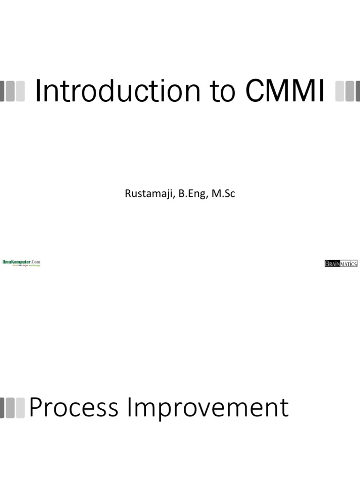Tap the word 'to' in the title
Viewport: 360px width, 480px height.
coord(223,91)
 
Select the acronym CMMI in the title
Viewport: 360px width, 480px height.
coord(285,91)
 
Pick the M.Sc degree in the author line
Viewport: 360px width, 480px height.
coord(223,193)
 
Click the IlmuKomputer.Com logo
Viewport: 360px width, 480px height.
coord(22,263)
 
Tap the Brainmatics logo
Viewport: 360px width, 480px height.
coord(341,263)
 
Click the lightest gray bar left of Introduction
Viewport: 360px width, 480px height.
coord(20,91)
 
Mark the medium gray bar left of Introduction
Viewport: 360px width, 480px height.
coord(11,91)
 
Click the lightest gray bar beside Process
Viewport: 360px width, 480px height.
coord(20,407)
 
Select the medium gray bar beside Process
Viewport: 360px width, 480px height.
coord(11,407)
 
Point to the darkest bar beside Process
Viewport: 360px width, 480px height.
coord(2,407)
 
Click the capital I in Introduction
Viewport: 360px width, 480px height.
coord(38,91)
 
